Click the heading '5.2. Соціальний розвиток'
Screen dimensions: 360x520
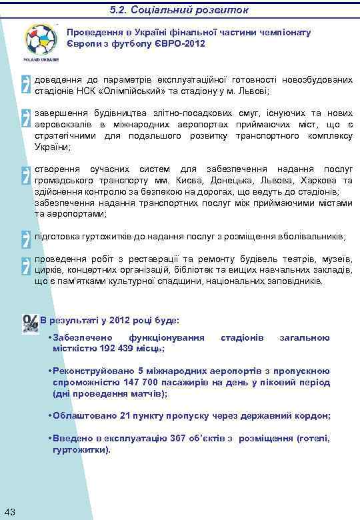click(x=179, y=10)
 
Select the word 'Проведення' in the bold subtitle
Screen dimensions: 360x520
click(x=92, y=32)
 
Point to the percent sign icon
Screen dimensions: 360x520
click(x=29, y=323)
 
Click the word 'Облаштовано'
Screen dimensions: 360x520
click(x=85, y=415)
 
